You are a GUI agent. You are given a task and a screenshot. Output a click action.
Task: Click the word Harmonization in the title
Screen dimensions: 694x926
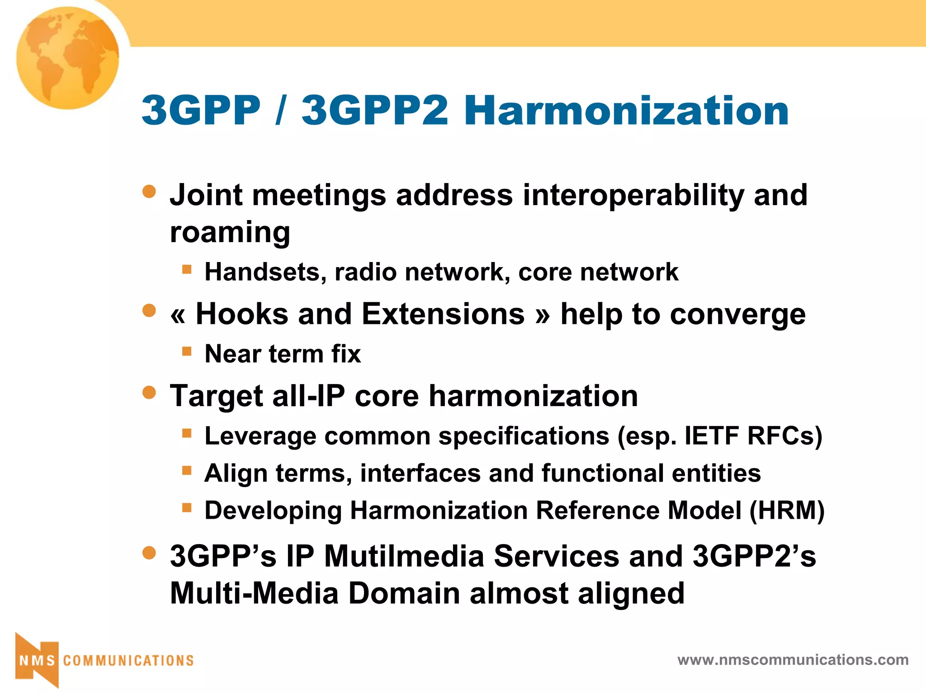pos(626,111)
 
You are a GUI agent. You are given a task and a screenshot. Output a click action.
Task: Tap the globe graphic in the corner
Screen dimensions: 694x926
pos(68,58)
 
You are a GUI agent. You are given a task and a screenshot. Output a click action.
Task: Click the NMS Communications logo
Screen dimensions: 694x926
pos(104,660)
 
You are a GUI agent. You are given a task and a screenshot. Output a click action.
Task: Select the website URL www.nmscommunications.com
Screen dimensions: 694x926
pos(793,660)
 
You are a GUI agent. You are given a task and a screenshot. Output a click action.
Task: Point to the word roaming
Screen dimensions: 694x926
pos(230,232)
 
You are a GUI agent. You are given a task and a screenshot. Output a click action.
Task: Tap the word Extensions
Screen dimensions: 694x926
pos(443,314)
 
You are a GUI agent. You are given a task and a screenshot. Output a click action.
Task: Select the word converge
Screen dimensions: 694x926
pos(737,314)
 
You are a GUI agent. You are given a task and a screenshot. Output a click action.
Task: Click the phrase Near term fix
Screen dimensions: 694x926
pos(283,354)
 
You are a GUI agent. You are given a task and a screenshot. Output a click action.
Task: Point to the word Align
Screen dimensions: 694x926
pos(236,474)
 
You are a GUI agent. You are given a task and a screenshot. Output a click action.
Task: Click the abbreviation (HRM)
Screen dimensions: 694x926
pos(787,511)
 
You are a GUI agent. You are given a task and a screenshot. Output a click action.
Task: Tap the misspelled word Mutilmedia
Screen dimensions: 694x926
pos(404,556)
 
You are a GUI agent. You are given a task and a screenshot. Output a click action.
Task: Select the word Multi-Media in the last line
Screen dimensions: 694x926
pos(254,593)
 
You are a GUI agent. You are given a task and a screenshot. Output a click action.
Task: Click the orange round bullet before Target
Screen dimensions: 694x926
pos(149,392)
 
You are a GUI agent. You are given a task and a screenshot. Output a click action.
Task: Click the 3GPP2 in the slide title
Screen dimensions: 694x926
pos(375,111)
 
